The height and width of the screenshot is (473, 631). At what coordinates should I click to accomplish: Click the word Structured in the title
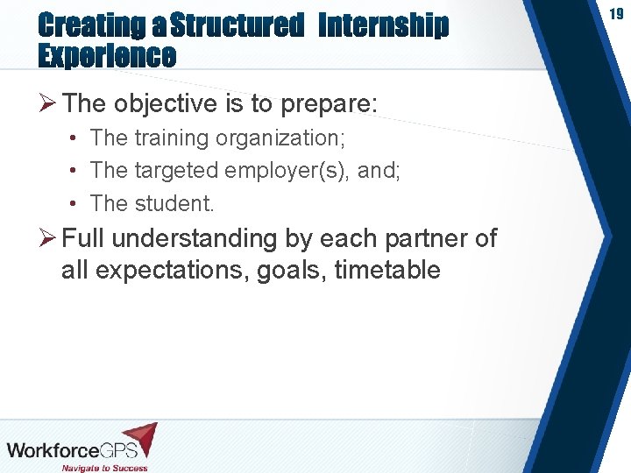click(237, 26)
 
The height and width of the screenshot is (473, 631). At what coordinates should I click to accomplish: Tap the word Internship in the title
click(383, 26)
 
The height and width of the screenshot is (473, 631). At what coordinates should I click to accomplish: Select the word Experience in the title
click(107, 57)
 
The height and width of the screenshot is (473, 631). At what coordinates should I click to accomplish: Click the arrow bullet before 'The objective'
click(49, 104)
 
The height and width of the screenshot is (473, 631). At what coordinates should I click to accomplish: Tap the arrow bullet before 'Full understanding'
click(49, 238)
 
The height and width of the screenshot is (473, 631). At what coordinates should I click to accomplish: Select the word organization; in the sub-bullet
click(282, 138)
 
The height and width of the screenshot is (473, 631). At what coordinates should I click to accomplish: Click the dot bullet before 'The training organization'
click(76, 138)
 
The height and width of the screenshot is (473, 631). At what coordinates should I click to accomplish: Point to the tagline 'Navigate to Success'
click(104, 467)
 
